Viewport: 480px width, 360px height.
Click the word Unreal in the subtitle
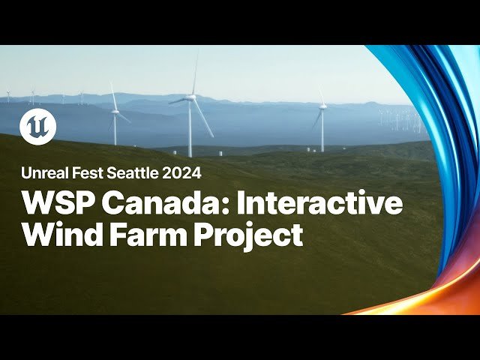click(42, 172)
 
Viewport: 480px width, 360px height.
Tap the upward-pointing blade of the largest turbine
click(194, 75)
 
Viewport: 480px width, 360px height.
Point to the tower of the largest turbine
click(190, 127)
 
